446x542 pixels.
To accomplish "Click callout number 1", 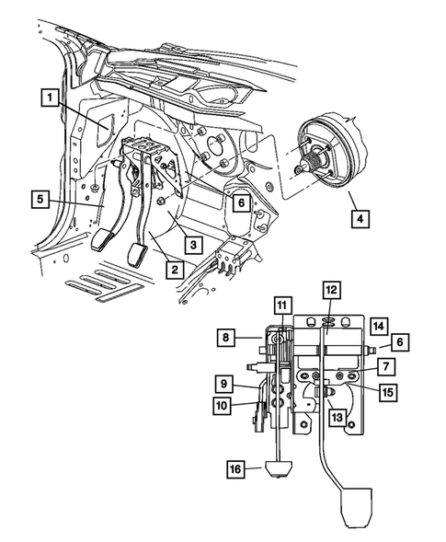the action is point(51,98).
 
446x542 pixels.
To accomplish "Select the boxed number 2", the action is point(175,270).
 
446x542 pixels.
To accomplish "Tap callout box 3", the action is point(193,245).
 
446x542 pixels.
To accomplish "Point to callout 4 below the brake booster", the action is point(360,219).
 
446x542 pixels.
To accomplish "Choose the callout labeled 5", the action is point(40,199).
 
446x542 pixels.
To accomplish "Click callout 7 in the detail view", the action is point(386,366).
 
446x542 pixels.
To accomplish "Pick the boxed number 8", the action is point(226,337).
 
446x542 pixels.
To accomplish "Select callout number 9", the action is point(223,384).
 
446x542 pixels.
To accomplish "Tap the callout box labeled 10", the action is point(222,405).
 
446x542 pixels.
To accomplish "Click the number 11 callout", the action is point(282,306).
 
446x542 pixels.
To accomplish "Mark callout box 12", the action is point(331,290).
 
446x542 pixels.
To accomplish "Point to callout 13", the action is point(337,417).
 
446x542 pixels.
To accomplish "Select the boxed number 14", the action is point(379,326).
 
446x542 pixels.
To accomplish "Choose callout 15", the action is point(389,392).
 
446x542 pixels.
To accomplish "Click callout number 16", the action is point(235,469).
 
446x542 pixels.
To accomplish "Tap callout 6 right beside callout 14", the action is point(400,342).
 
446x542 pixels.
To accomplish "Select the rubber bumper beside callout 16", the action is point(279,469).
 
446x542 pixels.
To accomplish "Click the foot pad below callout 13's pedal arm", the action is point(357,507).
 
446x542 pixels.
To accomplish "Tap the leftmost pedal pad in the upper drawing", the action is point(102,239).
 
